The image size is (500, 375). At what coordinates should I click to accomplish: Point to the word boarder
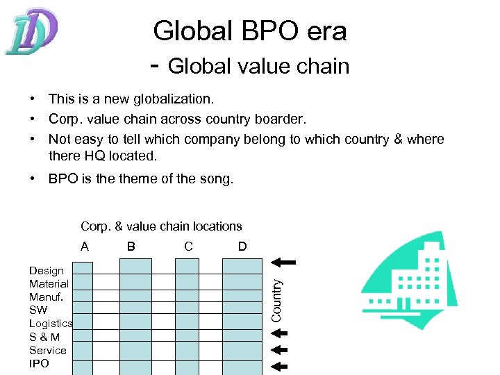pos(283,119)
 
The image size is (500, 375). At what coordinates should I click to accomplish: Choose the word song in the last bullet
pos(217,178)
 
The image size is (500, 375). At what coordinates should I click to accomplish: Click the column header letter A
pos(85,246)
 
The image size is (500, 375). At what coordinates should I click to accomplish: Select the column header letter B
pos(131,246)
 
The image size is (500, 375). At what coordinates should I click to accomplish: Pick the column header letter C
pos(188,246)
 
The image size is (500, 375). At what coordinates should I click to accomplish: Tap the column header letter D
pos(242,246)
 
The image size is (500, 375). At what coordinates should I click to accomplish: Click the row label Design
pos(47,271)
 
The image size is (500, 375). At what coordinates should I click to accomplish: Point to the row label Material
pos(49,283)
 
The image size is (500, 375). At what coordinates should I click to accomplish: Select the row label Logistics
pos(51,324)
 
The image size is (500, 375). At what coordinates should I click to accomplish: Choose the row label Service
pos(48,350)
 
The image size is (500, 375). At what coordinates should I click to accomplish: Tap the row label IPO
pos(40,363)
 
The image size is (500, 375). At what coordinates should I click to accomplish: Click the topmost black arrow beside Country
pos(283,262)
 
